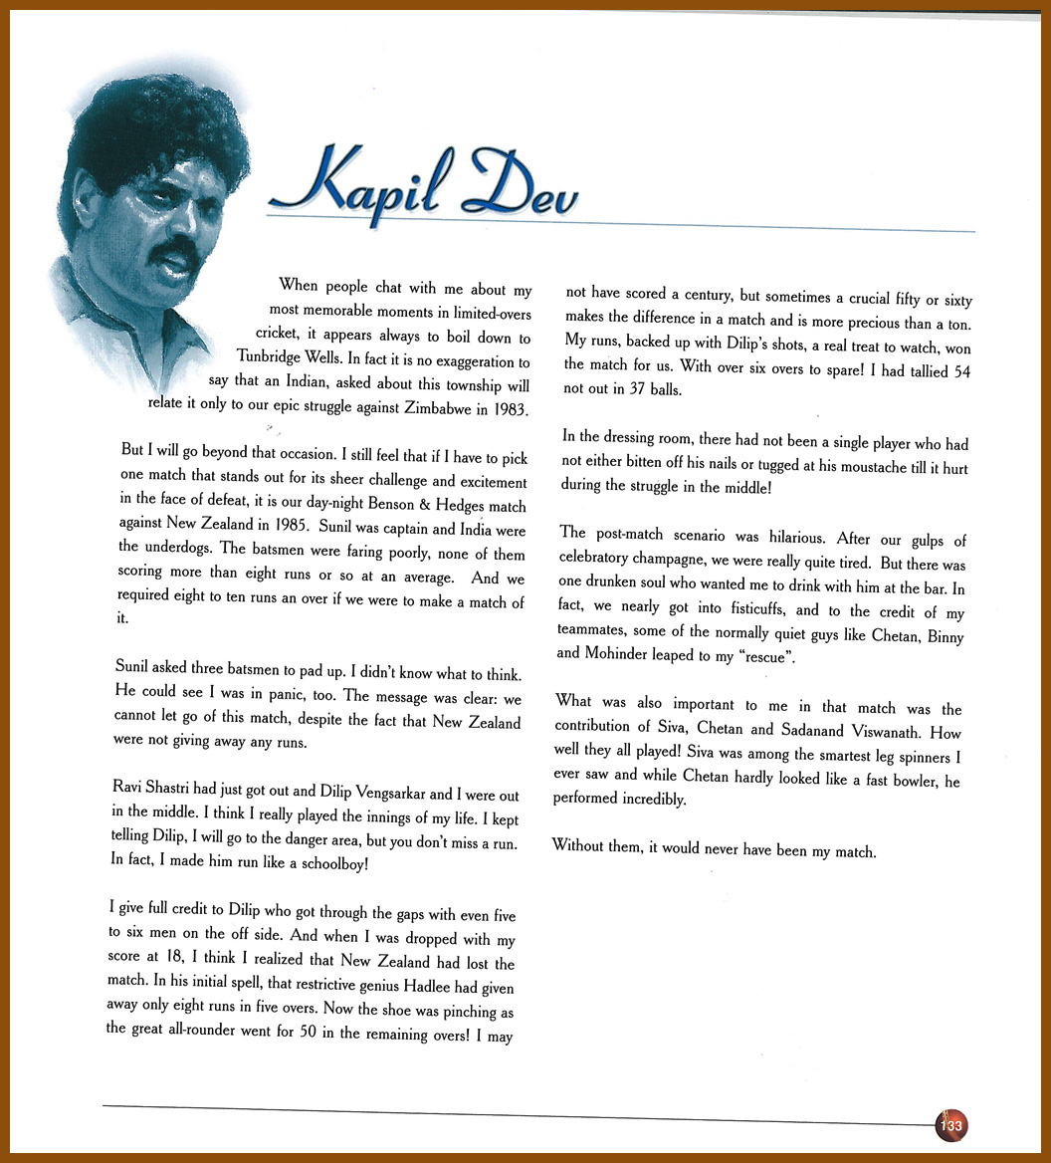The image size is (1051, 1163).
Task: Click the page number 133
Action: point(950,1125)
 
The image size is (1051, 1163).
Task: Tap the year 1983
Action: point(508,409)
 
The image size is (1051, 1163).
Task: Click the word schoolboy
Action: point(328,862)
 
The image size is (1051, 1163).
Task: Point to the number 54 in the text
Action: point(953,371)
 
